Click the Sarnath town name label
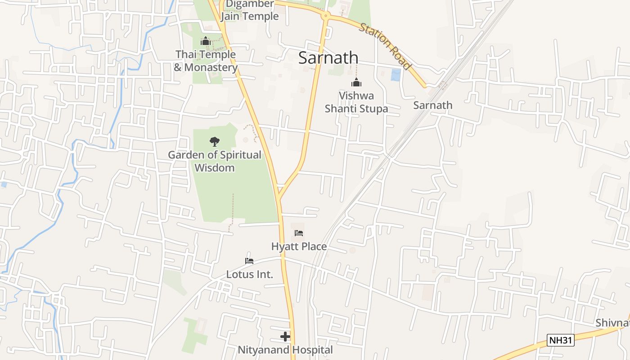pos(328,58)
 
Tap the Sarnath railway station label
pos(432,105)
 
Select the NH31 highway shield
pos(561,340)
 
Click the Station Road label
pos(385,46)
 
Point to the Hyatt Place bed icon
pos(299,233)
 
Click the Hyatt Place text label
pos(299,247)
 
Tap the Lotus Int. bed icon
pos(249,261)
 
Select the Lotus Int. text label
pos(249,274)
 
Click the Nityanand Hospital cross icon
pos(285,336)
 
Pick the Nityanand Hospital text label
pos(285,350)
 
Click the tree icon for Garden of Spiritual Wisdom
pos(215,142)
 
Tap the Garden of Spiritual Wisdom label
pos(215,161)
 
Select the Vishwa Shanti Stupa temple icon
pos(356,83)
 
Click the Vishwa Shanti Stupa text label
pos(356,102)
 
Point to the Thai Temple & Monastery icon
pos(206,41)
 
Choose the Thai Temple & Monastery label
pos(206,61)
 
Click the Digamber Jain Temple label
pos(250,10)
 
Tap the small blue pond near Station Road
pos(396,75)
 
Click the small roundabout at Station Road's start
pos(325,16)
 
